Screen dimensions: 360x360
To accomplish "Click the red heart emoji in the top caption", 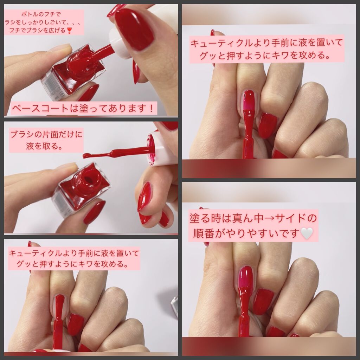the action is tap(69, 30).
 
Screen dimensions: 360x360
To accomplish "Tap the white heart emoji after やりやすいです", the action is tap(307, 233).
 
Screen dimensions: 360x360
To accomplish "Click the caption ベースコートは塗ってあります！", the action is tap(83, 108).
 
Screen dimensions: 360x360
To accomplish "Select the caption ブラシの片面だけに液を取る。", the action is tap(46, 140).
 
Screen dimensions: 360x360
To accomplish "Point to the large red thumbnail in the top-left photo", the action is tap(134, 29).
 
